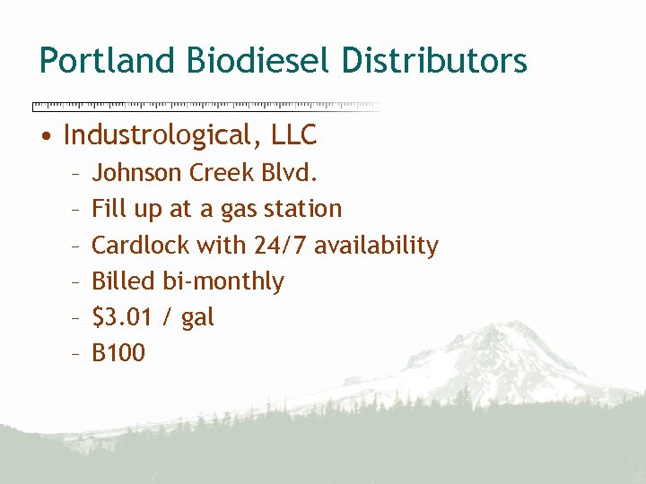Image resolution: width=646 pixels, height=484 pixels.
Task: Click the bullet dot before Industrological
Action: (x=45, y=136)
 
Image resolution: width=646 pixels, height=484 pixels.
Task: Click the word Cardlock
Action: (x=141, y=245)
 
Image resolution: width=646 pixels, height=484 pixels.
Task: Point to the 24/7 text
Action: (x=273, y=245)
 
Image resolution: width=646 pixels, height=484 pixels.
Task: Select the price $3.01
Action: (x=125, y=317)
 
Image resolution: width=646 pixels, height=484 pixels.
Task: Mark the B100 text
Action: (x=118, y=353)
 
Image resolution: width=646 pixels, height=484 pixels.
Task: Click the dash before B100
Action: (x=78, y=354)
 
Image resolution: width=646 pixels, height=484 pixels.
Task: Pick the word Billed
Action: (x=124, y=281)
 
